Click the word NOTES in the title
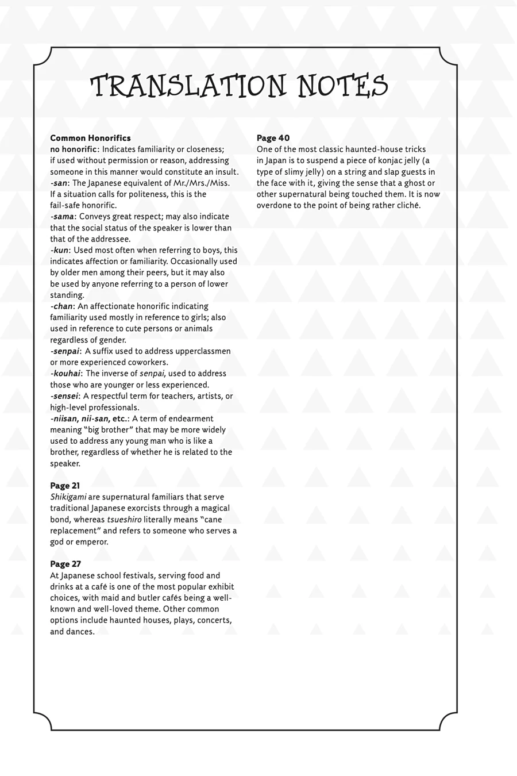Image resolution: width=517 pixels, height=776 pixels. click(342, 86)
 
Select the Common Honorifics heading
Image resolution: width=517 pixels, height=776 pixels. click(90, 138)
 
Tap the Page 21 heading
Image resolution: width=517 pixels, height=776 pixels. click(65, 486)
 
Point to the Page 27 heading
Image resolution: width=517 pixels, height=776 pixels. click(65, 564)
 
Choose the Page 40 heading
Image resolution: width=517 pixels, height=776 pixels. click(273, 138)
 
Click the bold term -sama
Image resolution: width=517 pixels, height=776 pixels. click(62, 217)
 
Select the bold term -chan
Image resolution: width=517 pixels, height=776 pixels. click(61, 306)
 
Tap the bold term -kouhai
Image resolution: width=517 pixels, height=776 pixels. click(65, 374)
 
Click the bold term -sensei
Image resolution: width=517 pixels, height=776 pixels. click(64, 396)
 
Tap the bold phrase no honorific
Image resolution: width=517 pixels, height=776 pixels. click(73, 149)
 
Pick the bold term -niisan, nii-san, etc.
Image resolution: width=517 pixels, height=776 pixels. click(88, 418)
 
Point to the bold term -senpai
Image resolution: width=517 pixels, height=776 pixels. click(65, 351)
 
